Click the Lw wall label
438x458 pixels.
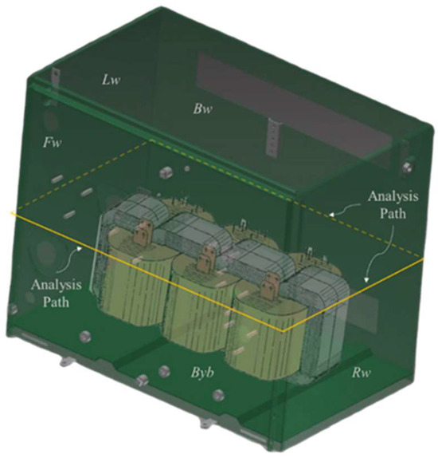[111, 81]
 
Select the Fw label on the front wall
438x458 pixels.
[52, 143]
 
